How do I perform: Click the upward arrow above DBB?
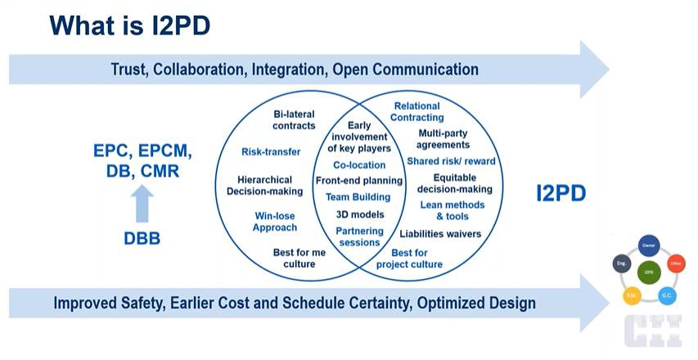click(x=142, y=203)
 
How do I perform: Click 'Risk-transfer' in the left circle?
click(x=271, y=151)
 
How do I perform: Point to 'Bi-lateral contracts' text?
click(x=294, y=120)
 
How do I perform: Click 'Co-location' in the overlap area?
click(x=359, y=165)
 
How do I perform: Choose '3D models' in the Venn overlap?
click(x=359, y=214)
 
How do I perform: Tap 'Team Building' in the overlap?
click(x=358, y=197)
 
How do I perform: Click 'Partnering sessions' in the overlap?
click(x=358, y=236)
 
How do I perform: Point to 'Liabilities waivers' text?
click(x=440, y=234)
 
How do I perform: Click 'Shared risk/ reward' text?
click(x=451, y=161)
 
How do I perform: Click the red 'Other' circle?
click(x=675, y=263)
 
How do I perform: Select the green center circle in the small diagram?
click(x=648, y=272)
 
